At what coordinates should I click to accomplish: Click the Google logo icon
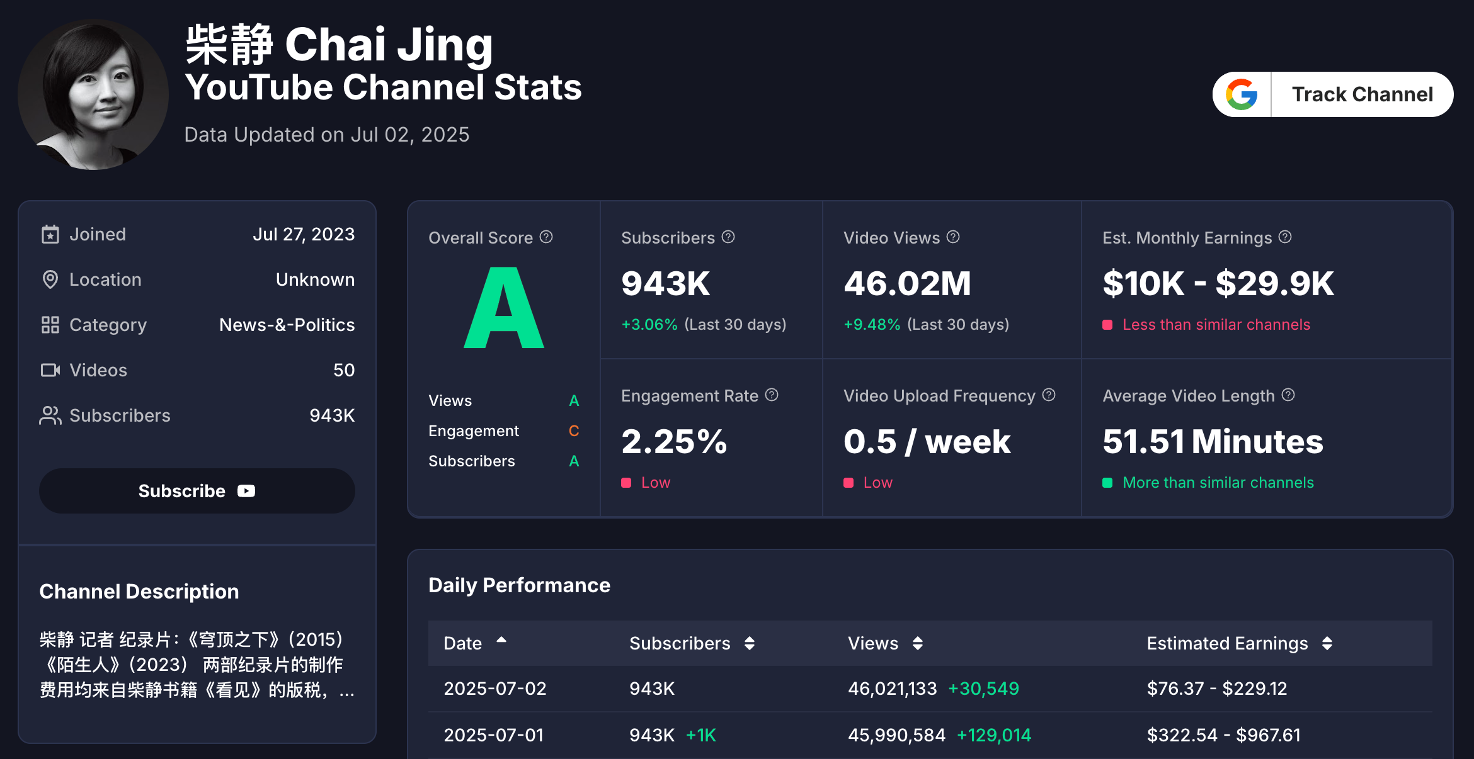(1242, 94)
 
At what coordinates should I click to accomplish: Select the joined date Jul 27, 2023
(304, 234)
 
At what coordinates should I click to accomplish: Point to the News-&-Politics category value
(287, 325)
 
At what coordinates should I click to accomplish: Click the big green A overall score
(504, 308)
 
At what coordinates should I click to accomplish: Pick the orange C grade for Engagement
(574, 431)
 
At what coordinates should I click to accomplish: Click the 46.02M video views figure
(907, 283)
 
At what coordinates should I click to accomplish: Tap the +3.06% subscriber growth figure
(649, 325)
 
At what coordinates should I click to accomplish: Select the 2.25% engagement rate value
(674, 441)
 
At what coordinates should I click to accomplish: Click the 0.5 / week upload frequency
(927, 441)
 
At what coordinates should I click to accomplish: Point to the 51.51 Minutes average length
(1213, 441)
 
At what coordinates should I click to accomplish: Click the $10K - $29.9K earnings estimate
(1218, 283)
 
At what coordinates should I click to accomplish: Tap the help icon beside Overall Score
(546, 237)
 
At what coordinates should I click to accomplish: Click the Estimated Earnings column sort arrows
(1327, 643)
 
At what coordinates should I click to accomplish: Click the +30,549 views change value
(983, 689)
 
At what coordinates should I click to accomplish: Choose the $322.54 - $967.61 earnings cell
(1223, 735)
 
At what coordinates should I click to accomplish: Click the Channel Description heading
(139, 592)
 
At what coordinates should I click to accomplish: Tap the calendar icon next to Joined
(50, 234)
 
